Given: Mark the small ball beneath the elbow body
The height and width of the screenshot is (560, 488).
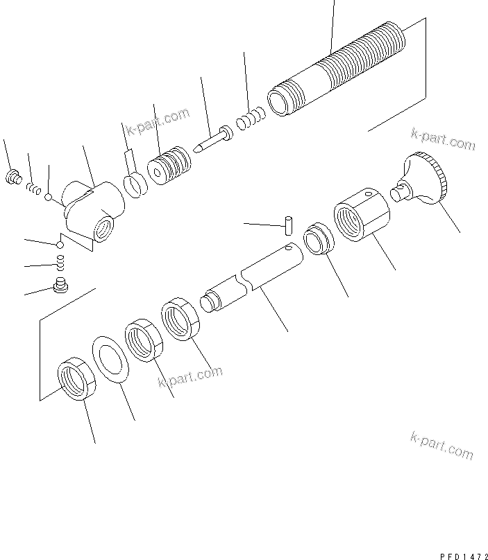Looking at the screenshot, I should tap(60, 245).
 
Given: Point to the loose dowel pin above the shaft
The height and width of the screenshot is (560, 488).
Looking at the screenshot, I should tap(288, 225).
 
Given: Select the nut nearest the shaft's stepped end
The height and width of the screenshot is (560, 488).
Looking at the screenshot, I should tap(180, 320).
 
